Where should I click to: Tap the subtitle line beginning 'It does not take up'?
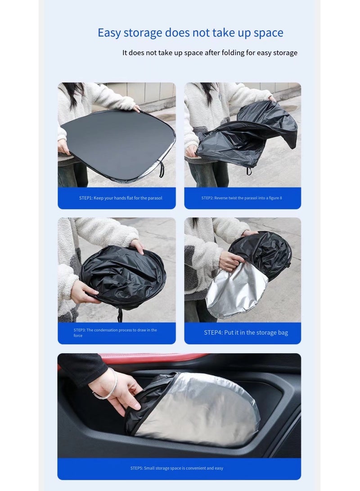click(210, 53)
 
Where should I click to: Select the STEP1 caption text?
click(121, 198)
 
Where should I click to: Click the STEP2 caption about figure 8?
click(242, 198)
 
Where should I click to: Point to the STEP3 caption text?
click(115, 333)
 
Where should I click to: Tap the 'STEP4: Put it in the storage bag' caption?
click(246, 333)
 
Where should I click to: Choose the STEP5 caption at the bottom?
click(176, 468)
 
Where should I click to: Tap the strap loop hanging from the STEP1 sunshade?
click(161, 170)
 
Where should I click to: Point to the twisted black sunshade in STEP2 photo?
click(245, 135)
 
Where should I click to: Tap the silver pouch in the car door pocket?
click(202, 407)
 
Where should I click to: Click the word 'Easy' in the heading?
click(109, 33)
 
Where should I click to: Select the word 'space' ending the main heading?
click(268, 33)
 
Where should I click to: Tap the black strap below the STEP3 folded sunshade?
click(120, 315)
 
